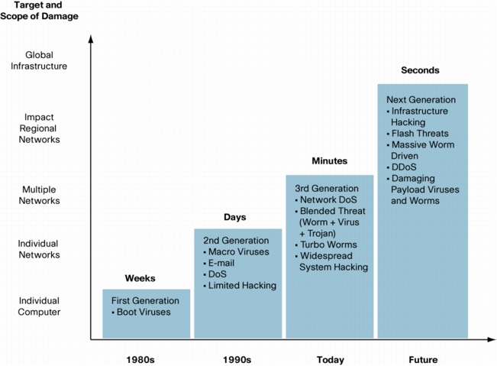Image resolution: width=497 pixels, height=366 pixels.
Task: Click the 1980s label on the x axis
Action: [140, 360]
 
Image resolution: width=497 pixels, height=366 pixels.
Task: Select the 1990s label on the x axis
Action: [237, 360]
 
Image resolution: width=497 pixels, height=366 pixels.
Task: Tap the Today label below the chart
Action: [331, 360]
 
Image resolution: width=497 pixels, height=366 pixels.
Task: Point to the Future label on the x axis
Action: [423, 360]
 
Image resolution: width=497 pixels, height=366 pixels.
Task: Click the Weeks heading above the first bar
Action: [140, 278]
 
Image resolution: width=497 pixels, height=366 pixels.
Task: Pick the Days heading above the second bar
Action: [235, 217]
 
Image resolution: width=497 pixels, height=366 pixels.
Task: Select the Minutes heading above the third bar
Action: [330, 160]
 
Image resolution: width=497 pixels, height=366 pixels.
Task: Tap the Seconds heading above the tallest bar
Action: [421, 70]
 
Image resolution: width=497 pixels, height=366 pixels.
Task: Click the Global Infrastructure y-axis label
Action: [39, 60]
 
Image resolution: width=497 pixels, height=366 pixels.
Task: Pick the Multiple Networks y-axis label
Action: [39, 195]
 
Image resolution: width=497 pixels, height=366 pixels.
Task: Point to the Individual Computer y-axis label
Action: [39, 306]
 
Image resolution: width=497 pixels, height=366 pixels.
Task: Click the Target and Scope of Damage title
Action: [39, 11]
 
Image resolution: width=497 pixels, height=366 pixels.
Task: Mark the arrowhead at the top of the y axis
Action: [91, 38]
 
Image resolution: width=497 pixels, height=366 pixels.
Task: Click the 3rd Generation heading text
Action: [327, 189]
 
